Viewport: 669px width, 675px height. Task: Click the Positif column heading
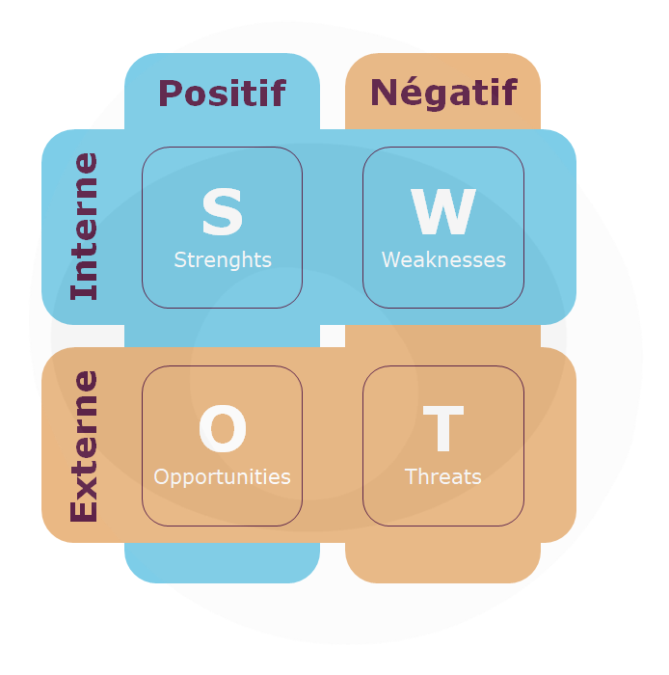222,93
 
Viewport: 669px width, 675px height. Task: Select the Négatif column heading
443,94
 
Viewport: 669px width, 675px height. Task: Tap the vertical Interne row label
85,226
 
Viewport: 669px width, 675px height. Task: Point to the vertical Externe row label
85,445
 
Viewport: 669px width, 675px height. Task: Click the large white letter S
223,211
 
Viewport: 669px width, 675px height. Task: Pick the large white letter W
443,211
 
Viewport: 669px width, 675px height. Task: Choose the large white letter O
223,428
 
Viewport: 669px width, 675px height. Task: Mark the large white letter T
443,428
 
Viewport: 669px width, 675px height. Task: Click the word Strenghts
223,260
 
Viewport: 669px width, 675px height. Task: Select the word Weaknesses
443,260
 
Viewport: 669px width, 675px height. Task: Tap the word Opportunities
222,477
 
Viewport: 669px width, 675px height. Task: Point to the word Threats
443,476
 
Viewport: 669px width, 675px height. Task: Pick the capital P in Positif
170,93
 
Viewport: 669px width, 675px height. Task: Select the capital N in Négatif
385,93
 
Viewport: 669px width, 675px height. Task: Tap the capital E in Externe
84,508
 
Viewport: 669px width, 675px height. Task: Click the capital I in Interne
84,292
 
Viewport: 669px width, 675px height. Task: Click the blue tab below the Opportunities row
222,562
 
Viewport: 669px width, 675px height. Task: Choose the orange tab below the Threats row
442,562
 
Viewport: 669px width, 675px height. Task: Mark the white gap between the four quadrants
333,336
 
